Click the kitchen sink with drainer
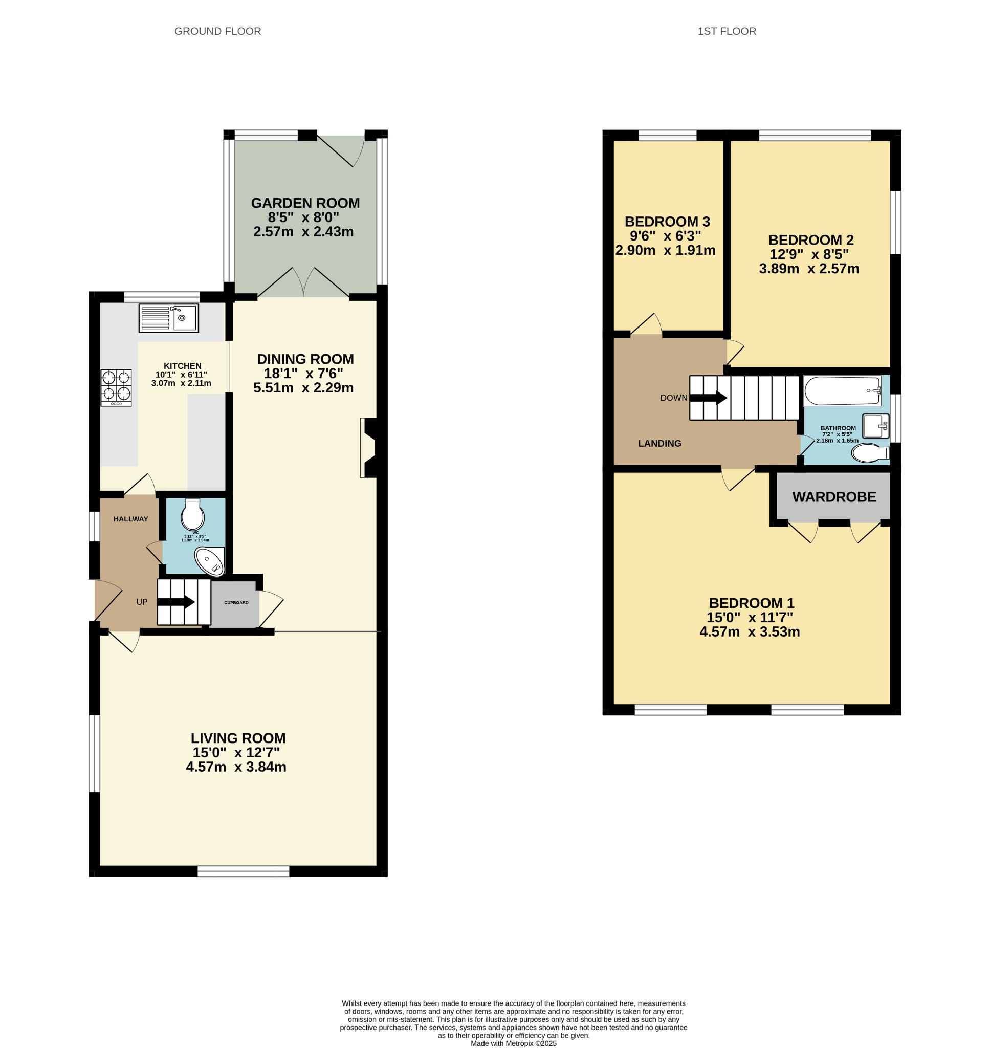pyautogui.click(x=168, y=318)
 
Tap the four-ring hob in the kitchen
pyautogui.click(x=116, y=387)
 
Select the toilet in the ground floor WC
pyautogui.click(x=192, y=514)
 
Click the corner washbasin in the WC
pyautogui.click(x=211, y=561)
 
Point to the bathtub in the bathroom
pyautogui.click(x=842, y=391)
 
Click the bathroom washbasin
pyautogui.click(x=876, y=426)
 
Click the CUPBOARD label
pyautogui.click(x=236, y=603)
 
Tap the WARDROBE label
pyautogui.click(x=834, y=497)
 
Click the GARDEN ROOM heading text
pyautogui.click(x=305, y=203)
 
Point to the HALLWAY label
pyautogui.click(x=131, y=519)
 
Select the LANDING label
pyautogui.click(x=659, y=444)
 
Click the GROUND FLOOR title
pyautogui.click(x=218, y=31)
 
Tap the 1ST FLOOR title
pyautogui.click(x=727, y=31)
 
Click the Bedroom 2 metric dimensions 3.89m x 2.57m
pyautogui.click(x=809, y=269)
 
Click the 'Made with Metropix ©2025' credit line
pyautogui.click(x=514, y=1043)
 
